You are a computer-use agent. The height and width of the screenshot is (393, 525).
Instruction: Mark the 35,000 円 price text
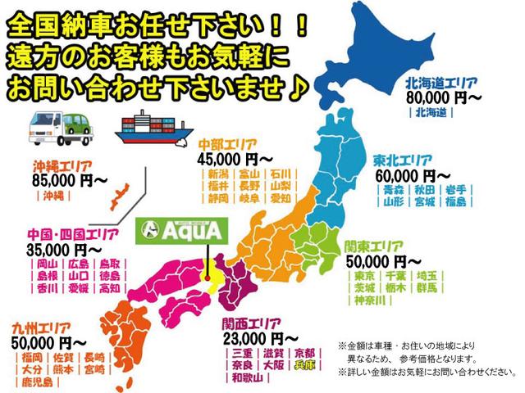point(62,248)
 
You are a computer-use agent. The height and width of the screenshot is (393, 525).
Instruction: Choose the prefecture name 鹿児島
point(36,383)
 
